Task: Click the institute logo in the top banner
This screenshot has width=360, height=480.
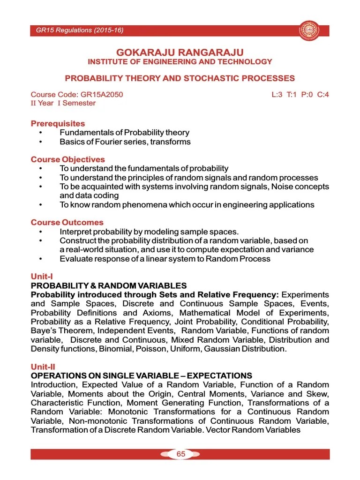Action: pos(308,30)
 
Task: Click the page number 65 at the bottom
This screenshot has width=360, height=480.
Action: pos(180,454)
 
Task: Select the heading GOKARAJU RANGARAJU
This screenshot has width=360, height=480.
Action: pos(180,52)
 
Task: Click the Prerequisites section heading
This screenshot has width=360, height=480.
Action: pos(58,124)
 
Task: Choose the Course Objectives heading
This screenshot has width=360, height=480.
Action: pos(68,159)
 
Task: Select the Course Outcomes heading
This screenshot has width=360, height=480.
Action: pos(67,222)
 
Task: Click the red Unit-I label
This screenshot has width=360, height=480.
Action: pos(41,277)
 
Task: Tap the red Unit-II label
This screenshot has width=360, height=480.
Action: pos(43,367)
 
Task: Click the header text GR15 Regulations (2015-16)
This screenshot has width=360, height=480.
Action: pos(80,31)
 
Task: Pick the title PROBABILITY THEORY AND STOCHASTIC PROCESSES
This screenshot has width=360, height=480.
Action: pos(180,78)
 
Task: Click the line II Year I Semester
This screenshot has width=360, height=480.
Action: pos(63,103)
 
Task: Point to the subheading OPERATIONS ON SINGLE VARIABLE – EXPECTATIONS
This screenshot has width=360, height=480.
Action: pos(141,375)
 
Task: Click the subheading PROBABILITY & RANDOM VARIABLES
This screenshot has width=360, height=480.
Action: pos(109,285)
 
